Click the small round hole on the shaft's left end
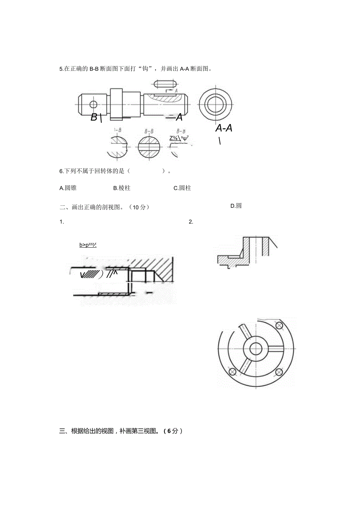tap(93, 104)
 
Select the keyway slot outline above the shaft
tap(166, 84)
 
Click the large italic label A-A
tap(223, 128)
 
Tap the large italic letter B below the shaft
tap(94, 117)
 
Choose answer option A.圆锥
tap(68, 188)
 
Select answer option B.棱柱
tap(122, 188)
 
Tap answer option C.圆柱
tap(182, 188)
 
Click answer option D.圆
tap(236, 206)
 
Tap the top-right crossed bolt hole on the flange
tap(279, 326)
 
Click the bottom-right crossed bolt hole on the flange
tap(279, 371)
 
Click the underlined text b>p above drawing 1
tap(88, 245)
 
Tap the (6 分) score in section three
tap(173, 431)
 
